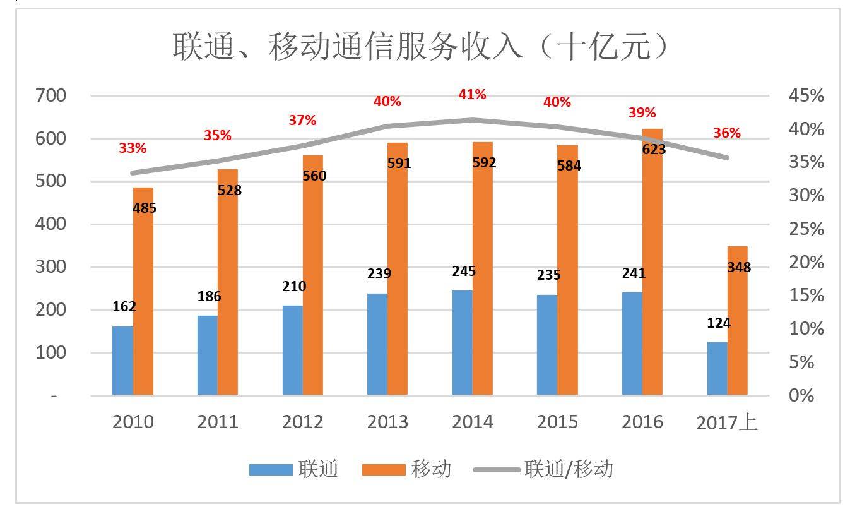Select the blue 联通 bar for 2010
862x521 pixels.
point(122,361)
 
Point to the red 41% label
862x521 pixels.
point(472,95)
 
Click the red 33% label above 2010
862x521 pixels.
point(133,148)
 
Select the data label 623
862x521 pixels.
point(654,150)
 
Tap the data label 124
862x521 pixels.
point(718,323)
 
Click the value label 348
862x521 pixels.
point(739,268)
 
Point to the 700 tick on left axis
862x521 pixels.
point(52,96)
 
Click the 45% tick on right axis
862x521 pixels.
point(806,96)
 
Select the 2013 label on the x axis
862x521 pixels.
point(387,422)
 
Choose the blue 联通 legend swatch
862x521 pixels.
point(270,470)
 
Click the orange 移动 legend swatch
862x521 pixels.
point(384,470)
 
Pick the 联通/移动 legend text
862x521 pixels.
point(569,469)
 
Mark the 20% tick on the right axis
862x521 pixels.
point(806,263)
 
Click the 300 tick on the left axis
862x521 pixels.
point(52,267)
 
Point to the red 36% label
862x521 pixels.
point(727,133)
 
